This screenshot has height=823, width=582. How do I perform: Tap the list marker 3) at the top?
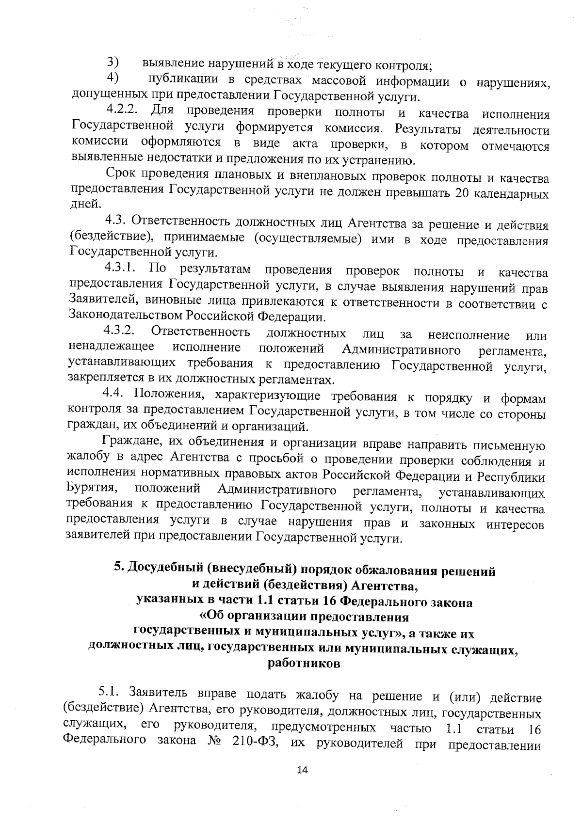(113, 63)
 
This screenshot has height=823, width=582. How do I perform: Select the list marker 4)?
(113, 78)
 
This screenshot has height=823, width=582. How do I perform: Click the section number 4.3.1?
(122, 268)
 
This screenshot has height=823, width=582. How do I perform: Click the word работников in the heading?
(304, 664)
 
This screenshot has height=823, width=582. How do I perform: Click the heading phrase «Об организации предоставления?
(304, 617)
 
